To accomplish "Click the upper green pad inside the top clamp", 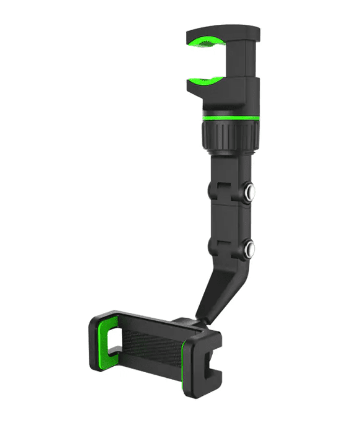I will coord(204,41).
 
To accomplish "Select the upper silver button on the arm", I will coord(251,192).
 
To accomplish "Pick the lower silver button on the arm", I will coord(251,247).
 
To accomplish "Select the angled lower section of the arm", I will coord(218,290).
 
